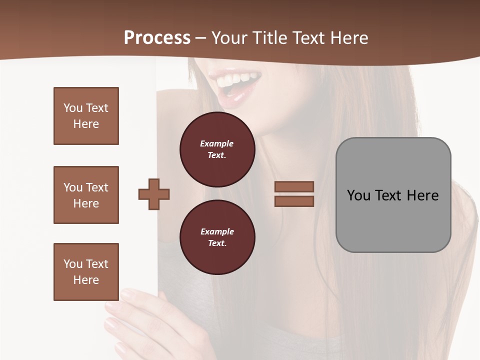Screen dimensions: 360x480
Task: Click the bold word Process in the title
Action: [x=157, y=38]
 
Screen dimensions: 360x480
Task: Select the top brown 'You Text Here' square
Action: [x=86, y=116]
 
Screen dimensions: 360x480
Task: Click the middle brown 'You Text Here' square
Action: [x=86, y=195]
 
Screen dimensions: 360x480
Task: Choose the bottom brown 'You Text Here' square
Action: [x=86, y=272]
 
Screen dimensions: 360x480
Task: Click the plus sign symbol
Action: [x=154, y=194]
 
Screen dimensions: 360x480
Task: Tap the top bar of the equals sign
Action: [x=294, y=187]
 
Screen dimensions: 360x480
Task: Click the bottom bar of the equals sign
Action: [x=294, y=201]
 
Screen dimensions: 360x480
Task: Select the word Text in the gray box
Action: [x=389, y=195]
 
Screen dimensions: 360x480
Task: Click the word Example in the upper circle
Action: [x=217, y=143]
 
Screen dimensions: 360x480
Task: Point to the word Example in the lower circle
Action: [x=217, y=231]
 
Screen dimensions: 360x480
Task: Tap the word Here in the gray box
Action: [x=422, y=195]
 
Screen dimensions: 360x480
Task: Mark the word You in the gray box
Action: [x=358, y=195]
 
